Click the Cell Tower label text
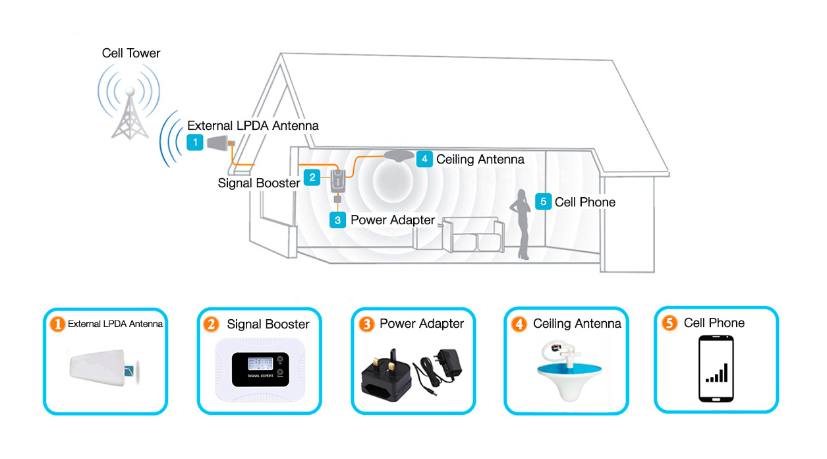(x=131, y=53)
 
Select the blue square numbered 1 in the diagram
(x=195, y=142)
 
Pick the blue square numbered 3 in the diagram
(x=337, y=220)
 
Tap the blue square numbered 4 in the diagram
(x=424, y=159)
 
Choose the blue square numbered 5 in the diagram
(x=543, y=202)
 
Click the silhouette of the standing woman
(x=521, y=224)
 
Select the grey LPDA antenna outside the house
(x=217, y=142)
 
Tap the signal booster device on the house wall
(x=337, y=180)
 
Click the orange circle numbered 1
(x=58, y=324)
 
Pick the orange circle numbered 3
(x=366, y=324)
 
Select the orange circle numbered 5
(x=670, y=323)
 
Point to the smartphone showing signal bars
(x=716, y=369)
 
